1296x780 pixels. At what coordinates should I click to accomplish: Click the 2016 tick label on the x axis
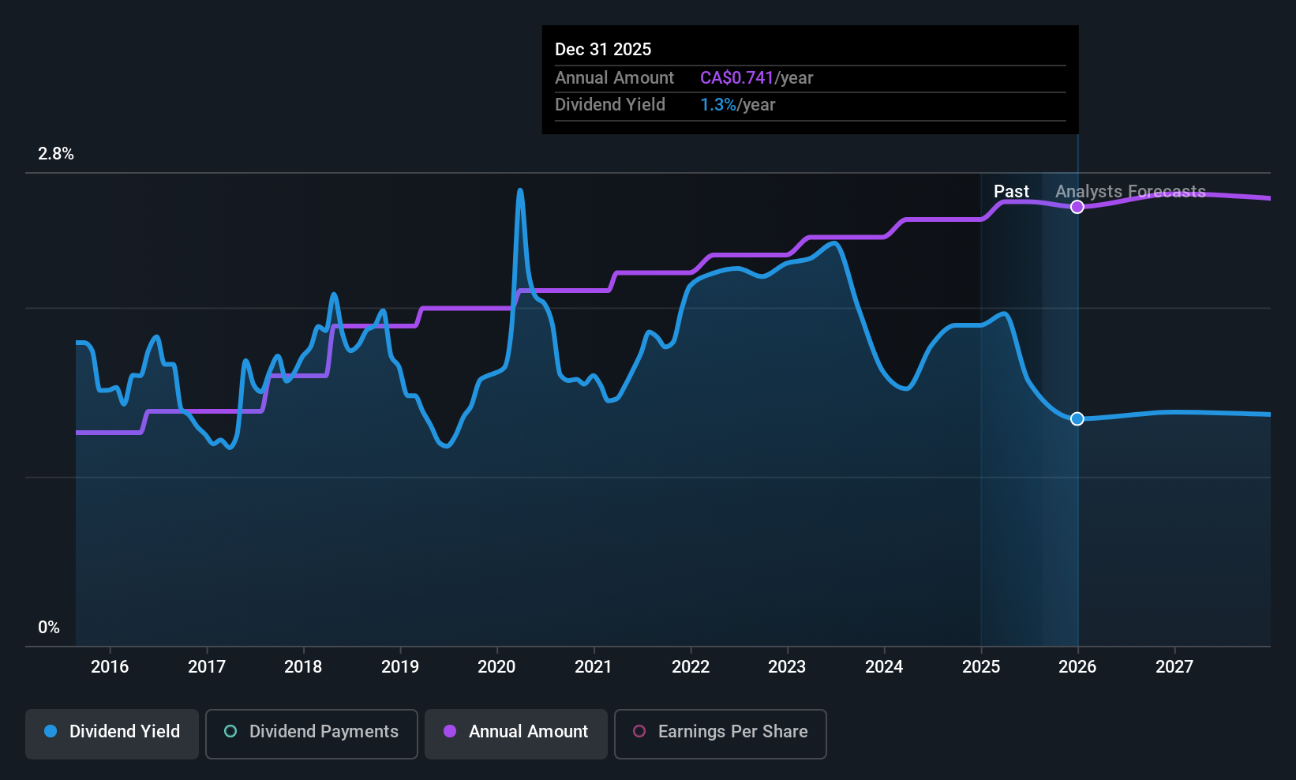click(110, 667)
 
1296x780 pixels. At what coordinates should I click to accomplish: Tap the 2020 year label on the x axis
click(496, 667)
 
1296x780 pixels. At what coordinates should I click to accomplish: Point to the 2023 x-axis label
click(787, 667)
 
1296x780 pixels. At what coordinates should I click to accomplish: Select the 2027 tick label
click(1174, 667)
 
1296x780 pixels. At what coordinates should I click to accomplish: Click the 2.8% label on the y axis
click(56, 154)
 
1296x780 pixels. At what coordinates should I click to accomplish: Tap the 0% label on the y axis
click(49, 628)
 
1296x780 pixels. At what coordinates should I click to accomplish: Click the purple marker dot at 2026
click(1077, 207)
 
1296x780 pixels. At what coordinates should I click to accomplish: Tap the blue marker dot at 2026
click(1077, 418)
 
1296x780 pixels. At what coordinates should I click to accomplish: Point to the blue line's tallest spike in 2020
click(519, 191)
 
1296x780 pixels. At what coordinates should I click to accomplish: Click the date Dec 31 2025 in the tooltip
click(603, 50)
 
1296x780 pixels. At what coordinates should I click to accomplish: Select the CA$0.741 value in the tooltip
click(736, 78)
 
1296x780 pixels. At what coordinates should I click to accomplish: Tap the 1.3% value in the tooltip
click(717, 105)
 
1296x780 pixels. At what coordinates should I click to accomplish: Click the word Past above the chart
click(1011, 192)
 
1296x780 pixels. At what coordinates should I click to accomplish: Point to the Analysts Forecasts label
click(1130, 192)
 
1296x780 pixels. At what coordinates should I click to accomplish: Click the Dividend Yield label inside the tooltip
click(610, 105)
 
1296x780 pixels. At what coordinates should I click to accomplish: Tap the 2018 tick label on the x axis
click(303, 667)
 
